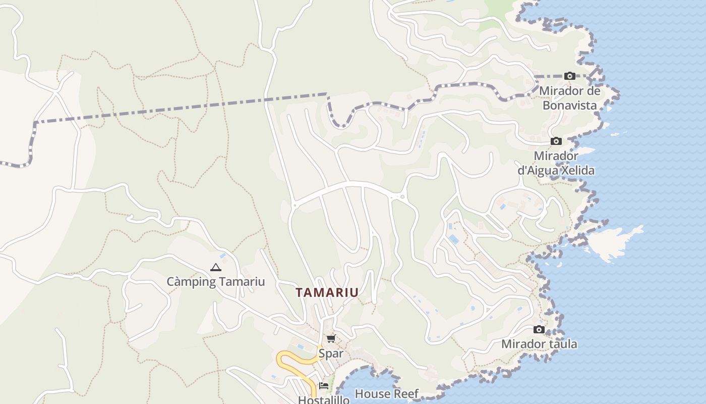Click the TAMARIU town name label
[327, 292]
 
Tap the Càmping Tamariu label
[216, 282]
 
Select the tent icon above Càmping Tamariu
[216, 268]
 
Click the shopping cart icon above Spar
[331, 338]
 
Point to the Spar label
[331, 353]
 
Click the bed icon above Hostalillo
[324, 386]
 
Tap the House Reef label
[387, 393]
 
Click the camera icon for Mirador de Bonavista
[570, 76]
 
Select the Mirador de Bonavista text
[570, 98]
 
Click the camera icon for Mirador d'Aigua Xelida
[556, 141]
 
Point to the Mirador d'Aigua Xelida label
[556, 163]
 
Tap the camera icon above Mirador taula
[539, 330]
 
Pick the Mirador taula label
[539, 344]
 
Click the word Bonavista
[570, 106]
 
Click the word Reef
[406, 393]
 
